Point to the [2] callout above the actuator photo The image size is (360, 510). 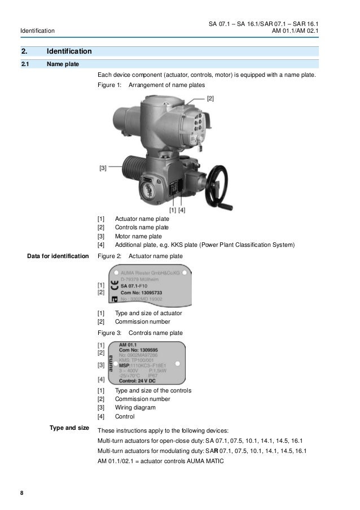point(210,99)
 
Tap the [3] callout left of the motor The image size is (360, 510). point(103,168)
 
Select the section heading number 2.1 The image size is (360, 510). point(25,64)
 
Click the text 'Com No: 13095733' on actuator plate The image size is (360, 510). point(142,294)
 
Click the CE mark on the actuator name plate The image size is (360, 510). point(114,286)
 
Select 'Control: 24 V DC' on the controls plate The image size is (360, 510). point(142,381)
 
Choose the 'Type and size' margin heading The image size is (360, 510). point(70,428)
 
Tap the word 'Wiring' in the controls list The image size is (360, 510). point(124,407)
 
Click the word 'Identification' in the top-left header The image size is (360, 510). point(37,30)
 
